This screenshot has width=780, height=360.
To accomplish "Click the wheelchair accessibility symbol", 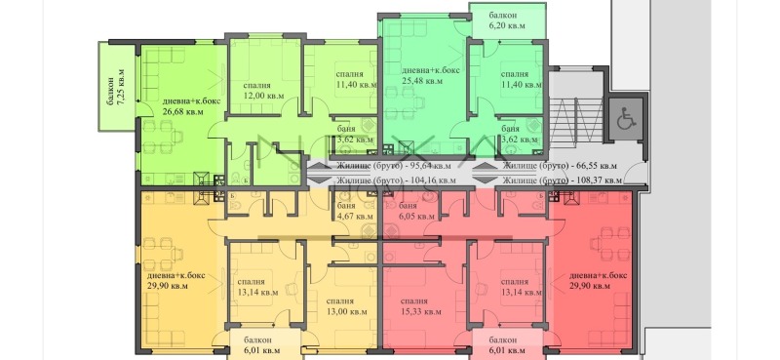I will click(x=624, y=119).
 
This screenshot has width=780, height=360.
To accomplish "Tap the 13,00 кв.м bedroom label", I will click(x=348, y=311).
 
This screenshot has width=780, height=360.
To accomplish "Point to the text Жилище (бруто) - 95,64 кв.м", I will click(x=395, y=166).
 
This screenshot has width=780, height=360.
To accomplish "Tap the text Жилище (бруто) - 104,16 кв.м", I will click(x=395, y=180).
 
